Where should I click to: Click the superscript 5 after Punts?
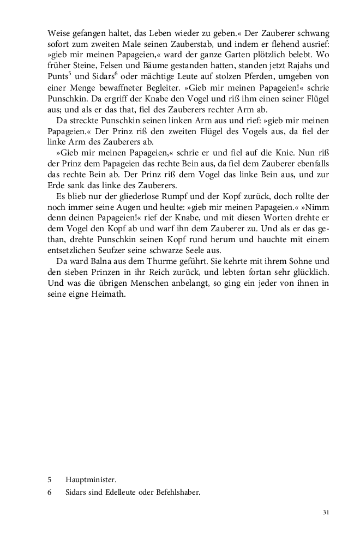click(x=71, y=74)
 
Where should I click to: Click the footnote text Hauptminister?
click(x=91, y=480)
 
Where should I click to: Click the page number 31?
click(x=326, y=512)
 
